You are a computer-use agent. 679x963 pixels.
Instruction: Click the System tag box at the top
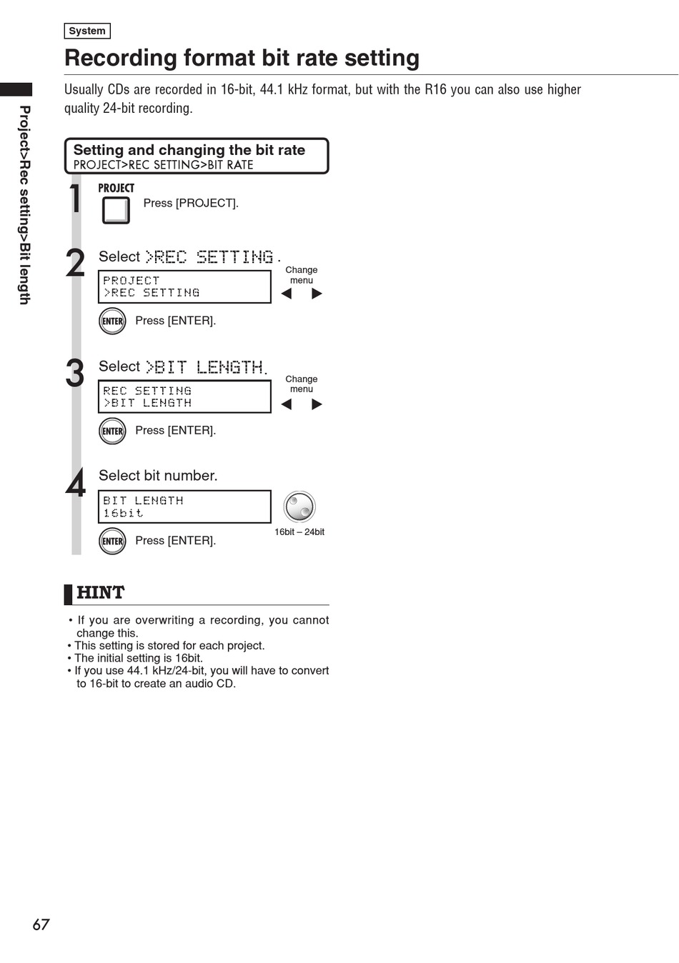87,31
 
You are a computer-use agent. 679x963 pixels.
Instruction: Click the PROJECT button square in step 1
116,210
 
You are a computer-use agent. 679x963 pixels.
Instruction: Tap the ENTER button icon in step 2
112,321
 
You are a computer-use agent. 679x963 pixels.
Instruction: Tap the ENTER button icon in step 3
112,431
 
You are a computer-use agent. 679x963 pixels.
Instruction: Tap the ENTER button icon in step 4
112,541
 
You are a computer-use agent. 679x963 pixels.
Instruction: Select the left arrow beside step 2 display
287,294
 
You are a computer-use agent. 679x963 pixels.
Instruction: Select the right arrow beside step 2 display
317,294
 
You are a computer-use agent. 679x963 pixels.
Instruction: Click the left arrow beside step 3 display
287,404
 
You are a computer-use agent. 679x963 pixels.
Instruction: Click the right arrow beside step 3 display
317,404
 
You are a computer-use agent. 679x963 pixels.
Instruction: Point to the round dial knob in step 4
299,507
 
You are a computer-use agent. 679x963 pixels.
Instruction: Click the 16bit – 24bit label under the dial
299,532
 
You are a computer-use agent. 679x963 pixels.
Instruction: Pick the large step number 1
75,198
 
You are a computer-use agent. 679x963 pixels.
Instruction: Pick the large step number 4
75,483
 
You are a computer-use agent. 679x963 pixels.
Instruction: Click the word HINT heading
101,592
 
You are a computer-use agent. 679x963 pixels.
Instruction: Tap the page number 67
41,924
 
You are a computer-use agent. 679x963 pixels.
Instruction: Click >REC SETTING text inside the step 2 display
152,293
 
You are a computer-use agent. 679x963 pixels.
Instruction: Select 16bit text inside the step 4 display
123,513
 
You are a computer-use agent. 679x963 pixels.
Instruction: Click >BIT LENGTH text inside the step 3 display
147,403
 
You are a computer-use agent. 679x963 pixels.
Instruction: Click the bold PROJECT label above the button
116,189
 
